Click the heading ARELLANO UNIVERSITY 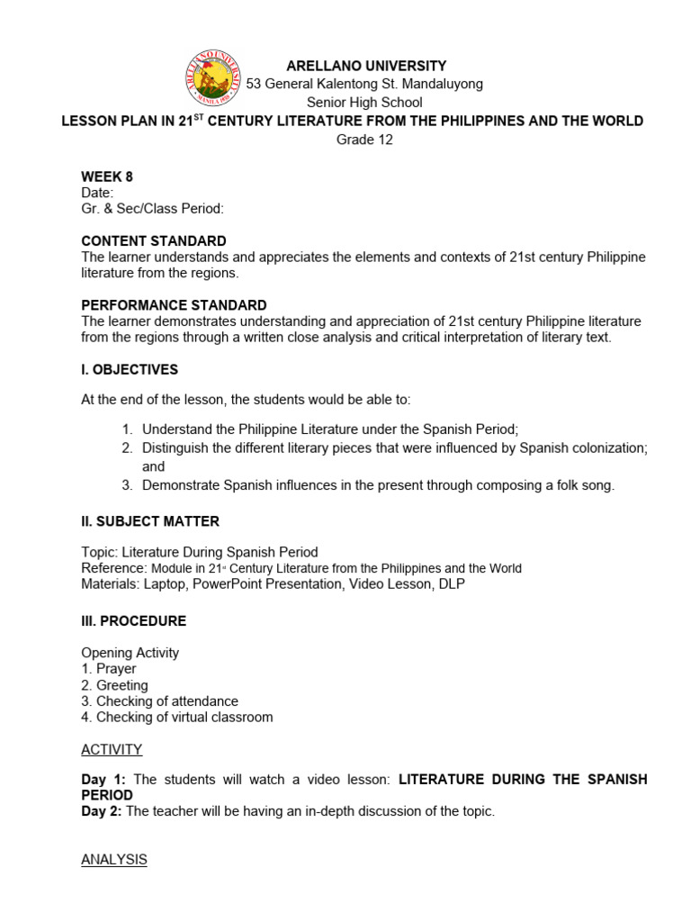pos(365,66)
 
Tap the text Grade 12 pos(364,140)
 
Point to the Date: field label pos(97,193)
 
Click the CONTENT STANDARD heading pos(154,241)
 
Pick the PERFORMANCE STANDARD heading pos(174,305)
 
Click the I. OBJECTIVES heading pos(130,369)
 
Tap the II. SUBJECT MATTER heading pos(150,521)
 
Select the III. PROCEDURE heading pos(134,620)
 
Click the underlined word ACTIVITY pos(112,749)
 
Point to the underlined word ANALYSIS pos(114,859)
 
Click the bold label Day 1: pos(104,779)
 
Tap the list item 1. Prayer pos(109,669)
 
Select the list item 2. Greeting pos(114,685)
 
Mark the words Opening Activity pos(130,653)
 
